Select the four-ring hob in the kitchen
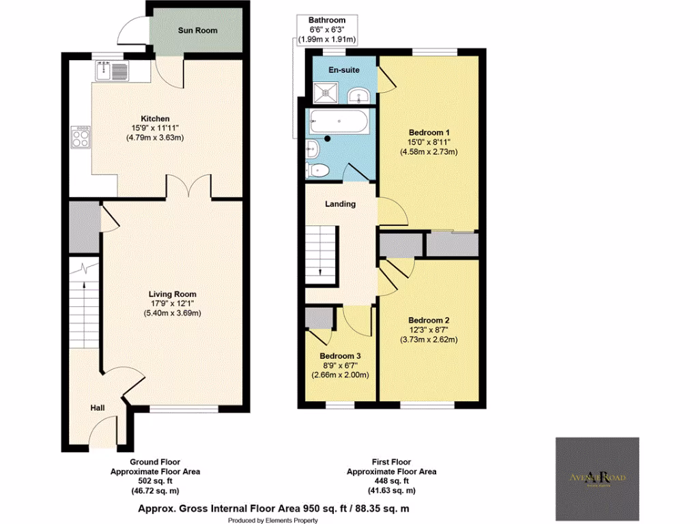(x=80, y=139)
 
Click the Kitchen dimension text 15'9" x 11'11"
(x=155, y=128)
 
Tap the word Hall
(x=98, y=408)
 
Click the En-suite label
(x=343, y=70)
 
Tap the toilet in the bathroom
(x=319, y=169)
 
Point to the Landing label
(x=340, y=203)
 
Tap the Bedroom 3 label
(x=341, y=356)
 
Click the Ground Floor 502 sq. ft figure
(x=155, y=480)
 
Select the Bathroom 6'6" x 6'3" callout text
(x=327, y=30)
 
